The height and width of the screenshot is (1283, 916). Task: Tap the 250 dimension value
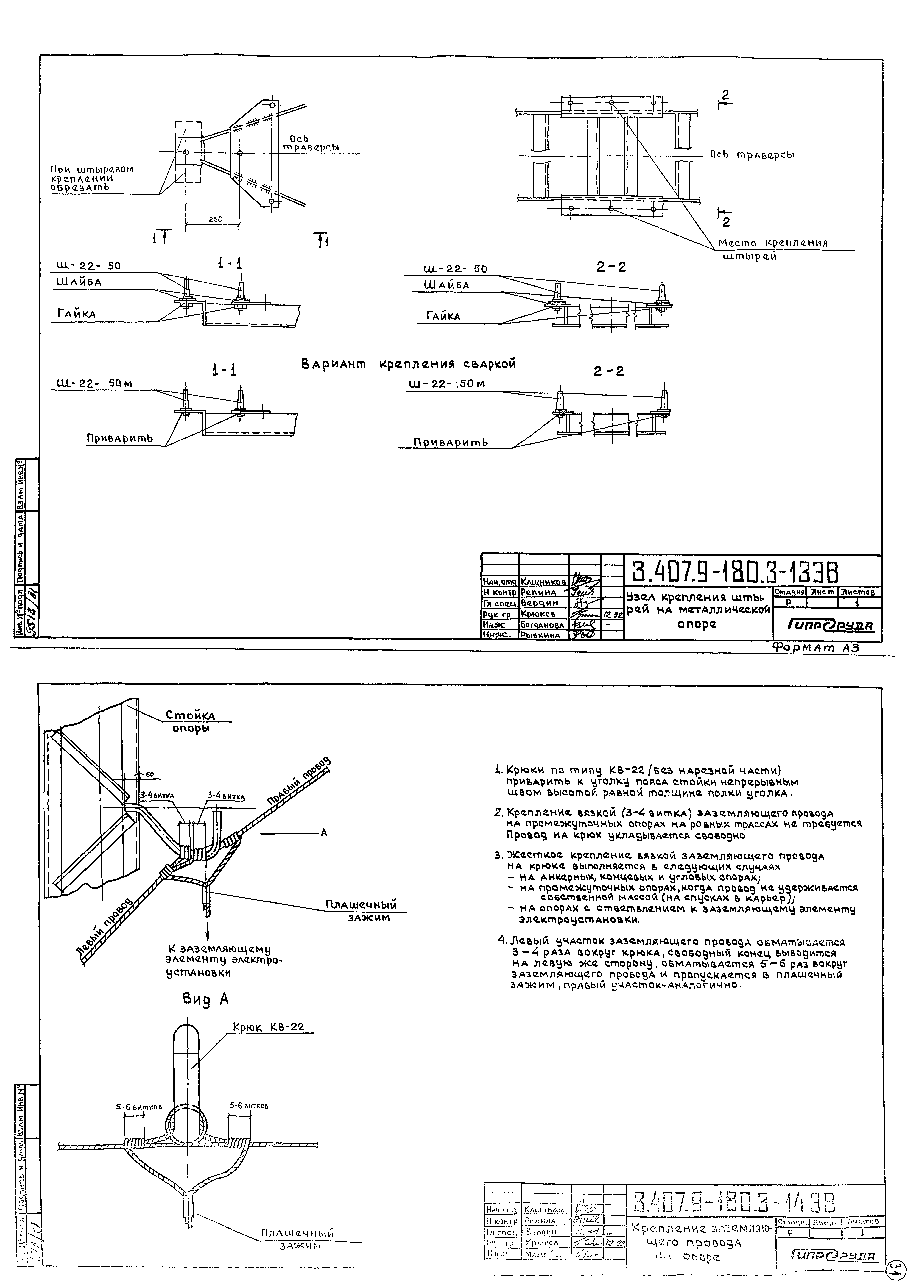tap(215, 219)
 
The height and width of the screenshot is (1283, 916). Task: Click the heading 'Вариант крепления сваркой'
tap(408, 364)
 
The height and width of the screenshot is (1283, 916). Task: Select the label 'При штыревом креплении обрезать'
tap(92, 178)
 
